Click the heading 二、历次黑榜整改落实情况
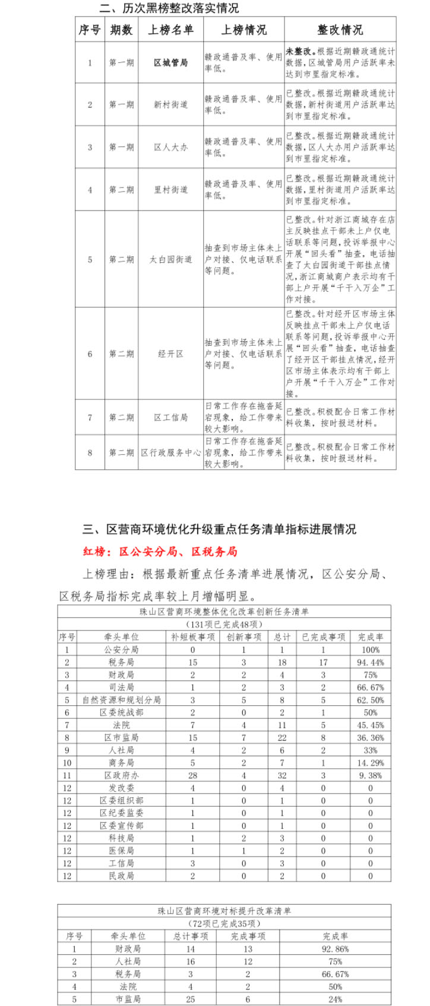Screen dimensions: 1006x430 point(169,8)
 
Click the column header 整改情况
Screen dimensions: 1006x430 point(340,30)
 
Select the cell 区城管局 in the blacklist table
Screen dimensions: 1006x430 point(170,62)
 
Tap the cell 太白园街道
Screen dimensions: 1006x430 point(170,259)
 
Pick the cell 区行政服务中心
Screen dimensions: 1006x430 point(170,453)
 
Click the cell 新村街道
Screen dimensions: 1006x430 point(170,104)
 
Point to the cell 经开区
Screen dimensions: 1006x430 point(170,354)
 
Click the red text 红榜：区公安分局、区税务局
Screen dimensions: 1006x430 point(160,552)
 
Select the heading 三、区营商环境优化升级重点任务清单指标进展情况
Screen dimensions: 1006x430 point(219,529)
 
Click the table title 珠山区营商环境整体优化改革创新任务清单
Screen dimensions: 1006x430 point(224,612)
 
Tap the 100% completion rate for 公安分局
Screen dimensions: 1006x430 point(371,650)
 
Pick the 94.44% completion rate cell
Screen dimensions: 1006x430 point(371,662)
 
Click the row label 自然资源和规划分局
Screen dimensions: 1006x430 point(121,700)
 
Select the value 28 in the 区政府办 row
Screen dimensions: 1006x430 point(192,775)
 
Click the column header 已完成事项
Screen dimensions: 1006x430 point(323,637)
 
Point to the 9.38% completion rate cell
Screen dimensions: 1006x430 point(371,775)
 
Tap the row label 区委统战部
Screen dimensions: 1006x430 point(121,712)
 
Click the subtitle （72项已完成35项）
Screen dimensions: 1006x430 point(224,924)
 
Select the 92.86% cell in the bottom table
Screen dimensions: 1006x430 point(335,949)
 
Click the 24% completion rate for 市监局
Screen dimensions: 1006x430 point(335,999)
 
